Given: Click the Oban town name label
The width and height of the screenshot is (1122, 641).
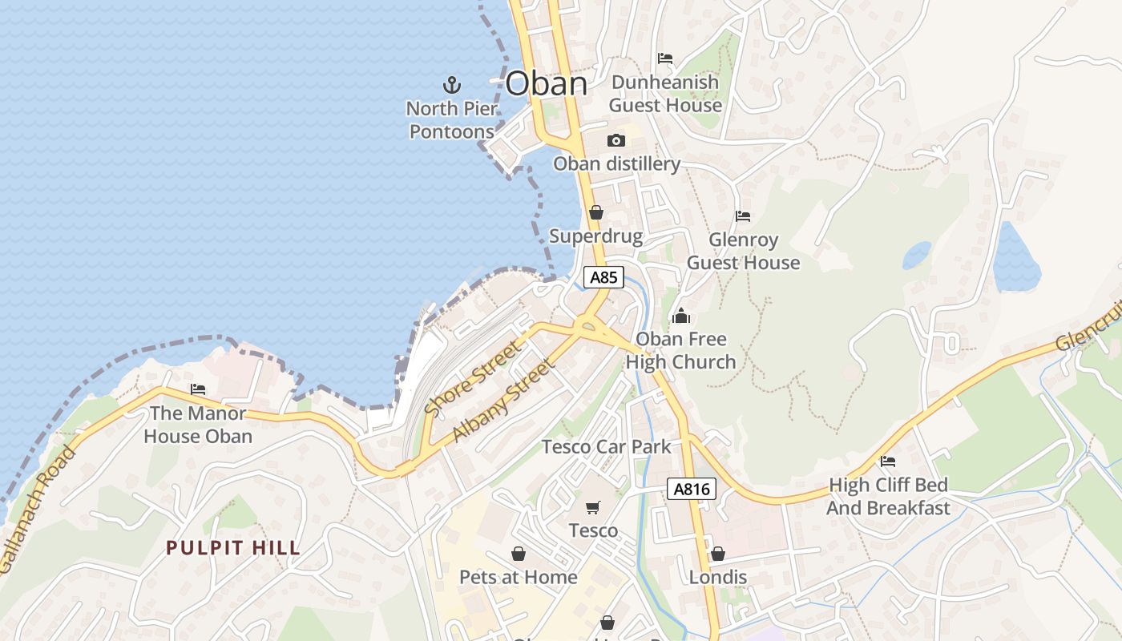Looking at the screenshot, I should (547, 83).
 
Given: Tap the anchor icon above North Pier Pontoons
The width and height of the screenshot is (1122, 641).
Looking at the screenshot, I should (452, 84).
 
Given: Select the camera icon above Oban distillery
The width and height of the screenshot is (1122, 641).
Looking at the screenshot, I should (615, 141).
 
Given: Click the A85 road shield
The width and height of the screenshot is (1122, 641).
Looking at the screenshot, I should (603, 277).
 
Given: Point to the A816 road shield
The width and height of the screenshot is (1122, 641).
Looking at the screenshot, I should (691, 489).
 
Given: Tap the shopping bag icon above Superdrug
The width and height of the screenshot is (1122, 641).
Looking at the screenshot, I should (595, 213).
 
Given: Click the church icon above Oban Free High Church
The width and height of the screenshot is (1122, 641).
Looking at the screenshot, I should (681, 316).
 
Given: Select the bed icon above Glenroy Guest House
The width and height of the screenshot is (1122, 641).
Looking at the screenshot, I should (743, 216).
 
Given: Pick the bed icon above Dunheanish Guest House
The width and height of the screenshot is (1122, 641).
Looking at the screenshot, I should (665, 58).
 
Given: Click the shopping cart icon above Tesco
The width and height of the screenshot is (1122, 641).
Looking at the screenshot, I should (593, 507).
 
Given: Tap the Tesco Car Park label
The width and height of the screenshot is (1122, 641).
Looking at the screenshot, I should (606, 446).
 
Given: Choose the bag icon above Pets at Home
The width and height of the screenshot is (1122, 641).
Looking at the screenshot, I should (519, 554).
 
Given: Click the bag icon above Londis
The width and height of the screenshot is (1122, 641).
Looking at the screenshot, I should (717, 554).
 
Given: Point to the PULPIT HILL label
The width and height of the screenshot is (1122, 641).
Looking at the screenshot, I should (233, 548).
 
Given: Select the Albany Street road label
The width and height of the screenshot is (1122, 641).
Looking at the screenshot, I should (502, 401).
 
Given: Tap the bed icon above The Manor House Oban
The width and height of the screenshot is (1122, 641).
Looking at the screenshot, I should (198, 390).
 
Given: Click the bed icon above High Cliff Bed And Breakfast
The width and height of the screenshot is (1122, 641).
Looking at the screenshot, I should (888, 462).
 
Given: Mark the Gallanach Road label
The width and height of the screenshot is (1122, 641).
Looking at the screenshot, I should (38, 510).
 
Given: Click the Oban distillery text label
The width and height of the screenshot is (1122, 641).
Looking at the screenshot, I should (616, 164).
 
